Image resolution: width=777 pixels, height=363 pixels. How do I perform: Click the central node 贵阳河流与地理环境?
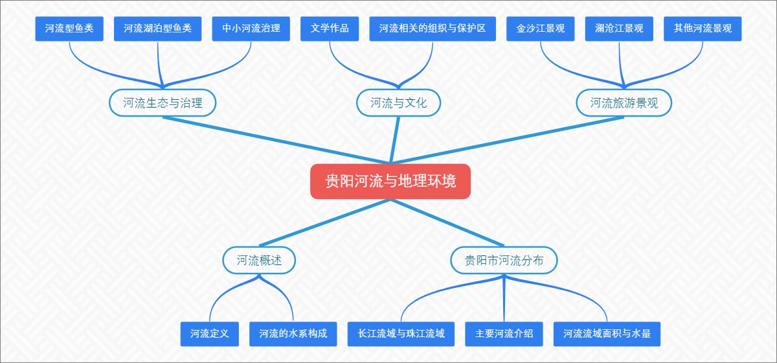pyautogui.click(x=390, y=181)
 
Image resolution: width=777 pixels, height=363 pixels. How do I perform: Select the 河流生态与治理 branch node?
pyautogui.click(x=163, y=102)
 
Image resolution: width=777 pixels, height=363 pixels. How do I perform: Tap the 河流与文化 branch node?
pyautogui.click(x=398, y=102)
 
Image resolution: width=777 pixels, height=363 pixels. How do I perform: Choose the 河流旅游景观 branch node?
pyautogui.click(x=624, y=102)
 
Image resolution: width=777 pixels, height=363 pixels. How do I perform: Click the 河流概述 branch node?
pyautogui.click(x=260, y=261)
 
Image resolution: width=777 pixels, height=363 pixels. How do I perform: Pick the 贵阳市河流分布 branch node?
pyautogui.click(x=504, y=261)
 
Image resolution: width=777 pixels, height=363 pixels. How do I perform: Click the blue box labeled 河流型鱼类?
pyautogui.click(x=69, y=29)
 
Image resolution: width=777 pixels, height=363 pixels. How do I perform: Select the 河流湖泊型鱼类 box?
pyautogui.click(x=158, y=29)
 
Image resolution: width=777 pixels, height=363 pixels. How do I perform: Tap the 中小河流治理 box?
pyautogui.click(x=251, y=29)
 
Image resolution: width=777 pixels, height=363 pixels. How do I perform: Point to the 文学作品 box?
pyautogui.click(x=330, y=29)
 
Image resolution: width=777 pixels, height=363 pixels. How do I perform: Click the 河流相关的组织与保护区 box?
pyautogui.click(x=433, y=29)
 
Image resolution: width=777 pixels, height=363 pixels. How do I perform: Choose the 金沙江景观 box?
pyautogui.click(x=541, y=29)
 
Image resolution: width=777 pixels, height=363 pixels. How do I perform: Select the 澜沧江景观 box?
pyautogui.click(x=619, y=29)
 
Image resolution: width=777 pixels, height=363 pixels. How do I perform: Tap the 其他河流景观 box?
pyautogui.click(x=703, y=29)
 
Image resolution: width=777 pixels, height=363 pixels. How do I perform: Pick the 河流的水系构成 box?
pyautogui.click(x=293, y=334)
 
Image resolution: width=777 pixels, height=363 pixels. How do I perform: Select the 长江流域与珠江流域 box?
pyautogui.click(x=401, y=334)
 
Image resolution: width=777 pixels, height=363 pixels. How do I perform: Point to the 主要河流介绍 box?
pyautogui.click(x=504, y=334)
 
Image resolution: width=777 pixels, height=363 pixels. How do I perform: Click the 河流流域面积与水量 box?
pyautogui.click(x=607, y=334)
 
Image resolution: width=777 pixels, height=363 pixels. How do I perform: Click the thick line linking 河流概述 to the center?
pyautogui.click(x=324, y=224)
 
